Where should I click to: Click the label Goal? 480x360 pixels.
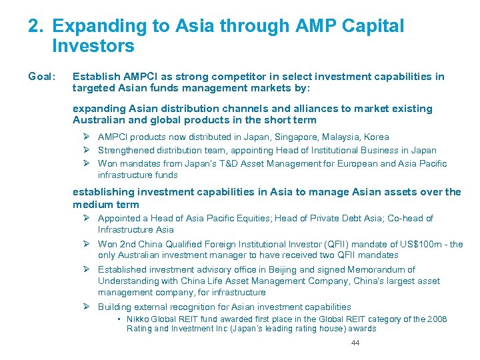click(41, 77)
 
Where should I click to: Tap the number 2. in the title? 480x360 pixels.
click(37, 27)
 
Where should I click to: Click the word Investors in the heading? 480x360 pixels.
click(93, 47)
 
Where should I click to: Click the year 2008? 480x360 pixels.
click(437, 319)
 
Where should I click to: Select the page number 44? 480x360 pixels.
click(355, 343)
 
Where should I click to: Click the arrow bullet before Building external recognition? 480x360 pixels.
click(86, 307)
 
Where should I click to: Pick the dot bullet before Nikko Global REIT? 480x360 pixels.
click(119, 319)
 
